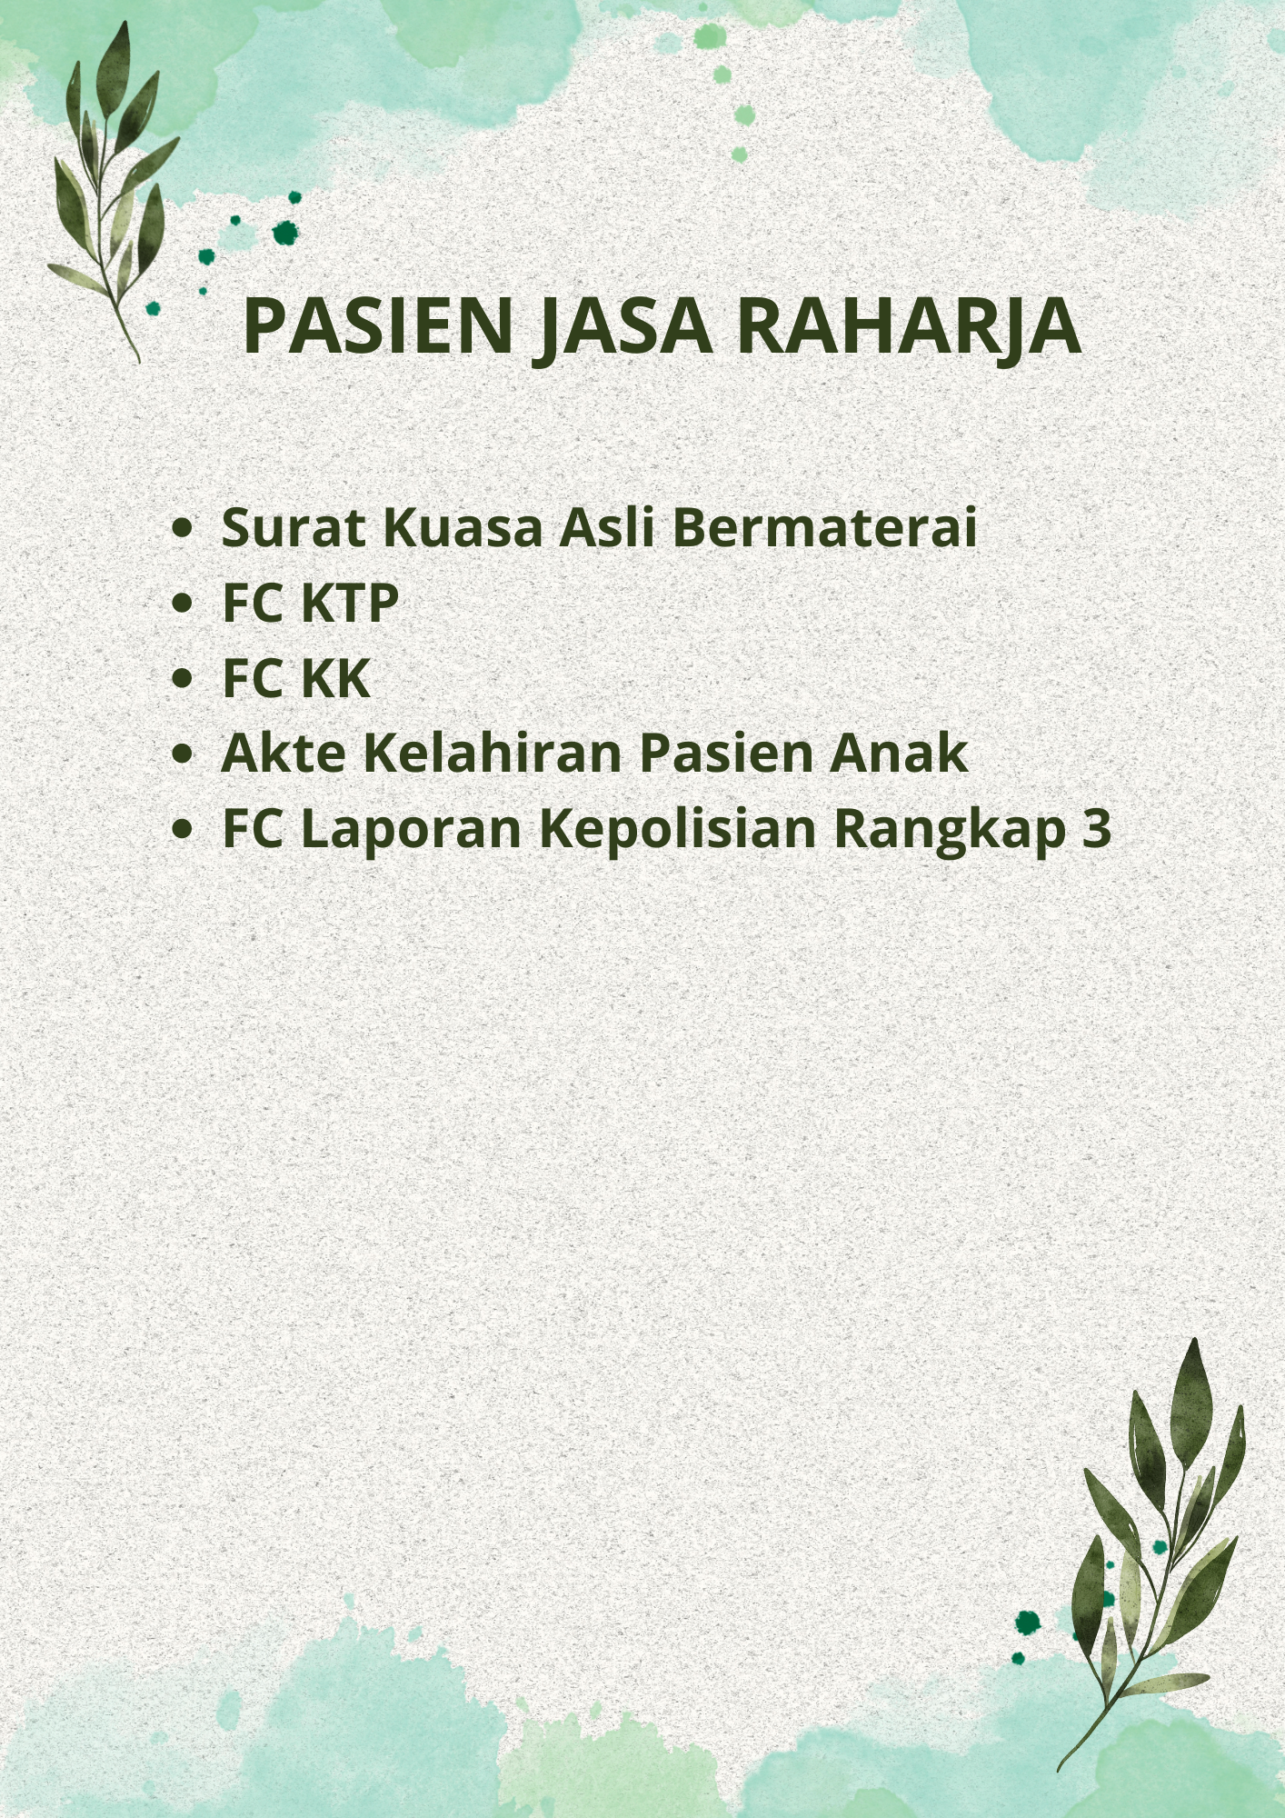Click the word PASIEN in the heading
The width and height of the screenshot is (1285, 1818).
pyautogui.click(x=378, y=325)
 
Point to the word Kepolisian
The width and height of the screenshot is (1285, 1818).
pyautogui.click(x=678, y=830)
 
